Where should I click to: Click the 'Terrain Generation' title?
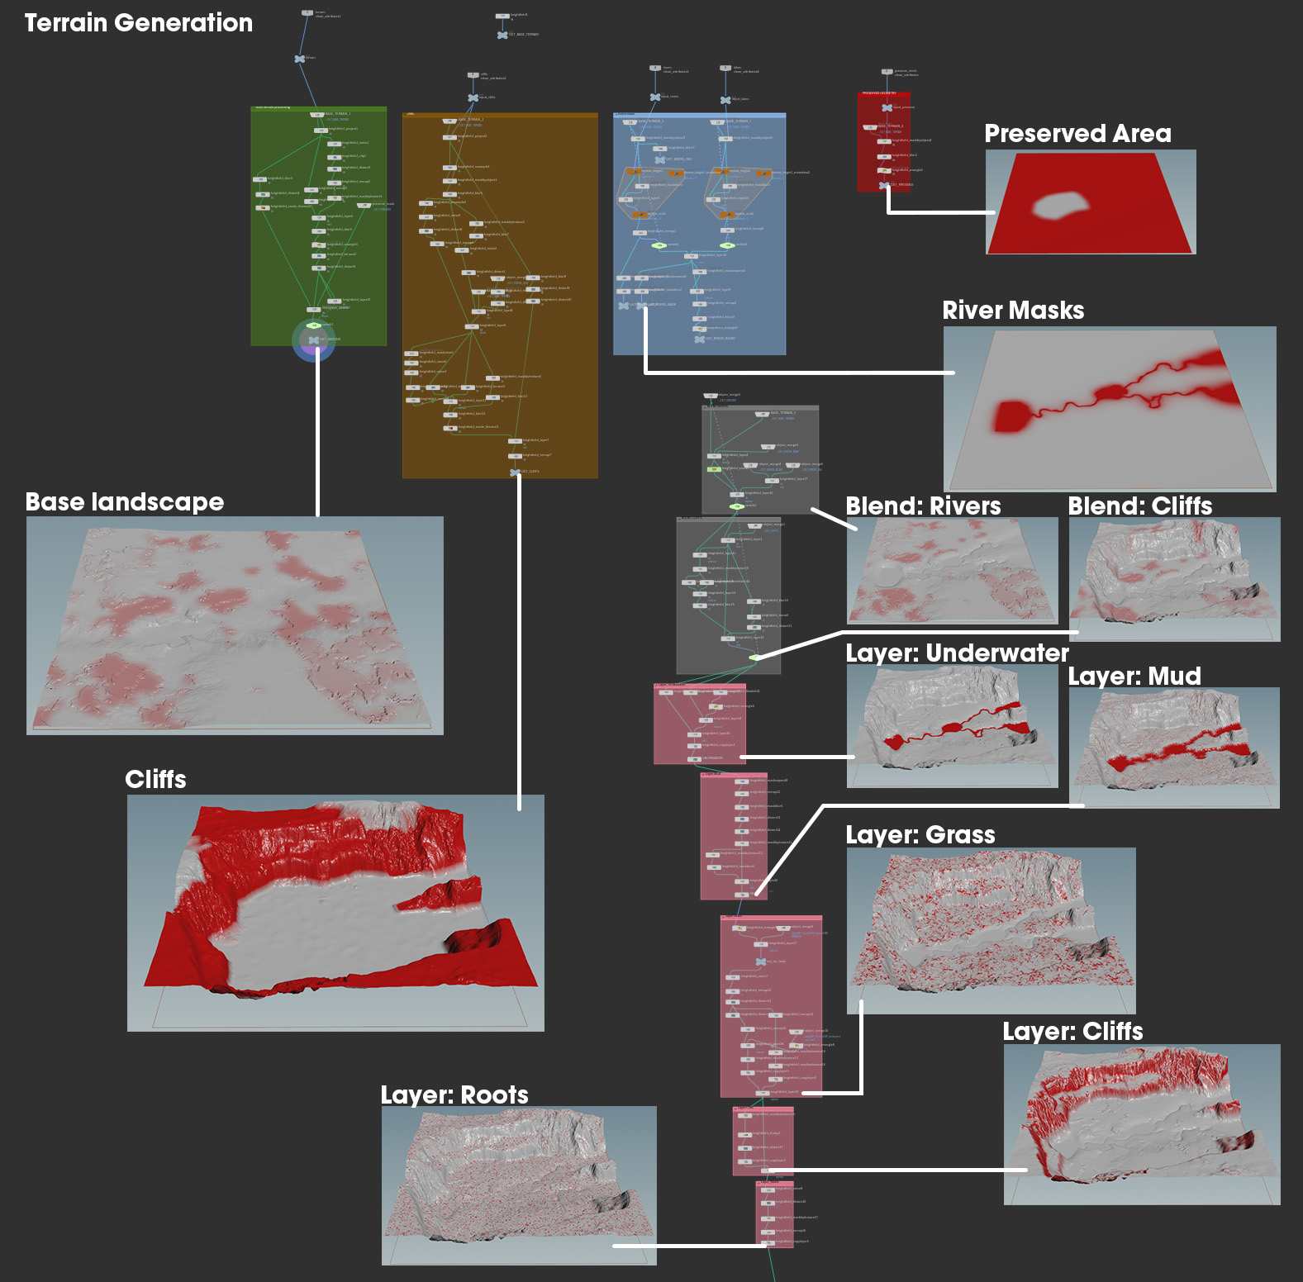pyautogui.click(x=139, y=23)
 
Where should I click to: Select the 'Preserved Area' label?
pyautogui.click(x=1077, y=134)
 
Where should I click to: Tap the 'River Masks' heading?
pyautogui.click(x=1013, y=311)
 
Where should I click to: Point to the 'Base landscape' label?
pyautogui.click(x=125, y=502)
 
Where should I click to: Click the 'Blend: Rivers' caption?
pyautogui.click(x=923, y=506)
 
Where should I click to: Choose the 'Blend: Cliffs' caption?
pyautogui.click(x=1139, y=506)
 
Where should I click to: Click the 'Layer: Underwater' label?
pyautogui.click(x=957, y=653)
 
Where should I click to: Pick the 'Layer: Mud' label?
pyautogui.click(x=1134, y=677)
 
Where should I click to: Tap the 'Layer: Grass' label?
pyautogui.click(x=920, y=835)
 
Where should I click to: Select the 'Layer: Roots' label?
pyautogui.click(x=454, y=1095)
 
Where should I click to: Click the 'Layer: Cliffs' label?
pyautogui.click(x=1072, y=1032)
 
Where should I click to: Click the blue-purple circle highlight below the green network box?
pyautogui.click(x=314, y=340)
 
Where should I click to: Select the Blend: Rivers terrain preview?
pyautogui.click(x=952, y=571)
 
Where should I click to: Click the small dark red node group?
pyautogui.click(x=883, y=141)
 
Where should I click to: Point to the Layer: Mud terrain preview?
pyautogui.click(x=1174, y=748)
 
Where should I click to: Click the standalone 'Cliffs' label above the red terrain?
pyautogui.click(x=155, y=780)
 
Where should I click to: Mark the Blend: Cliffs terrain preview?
pyautogui.click(x=1174, y=578)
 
